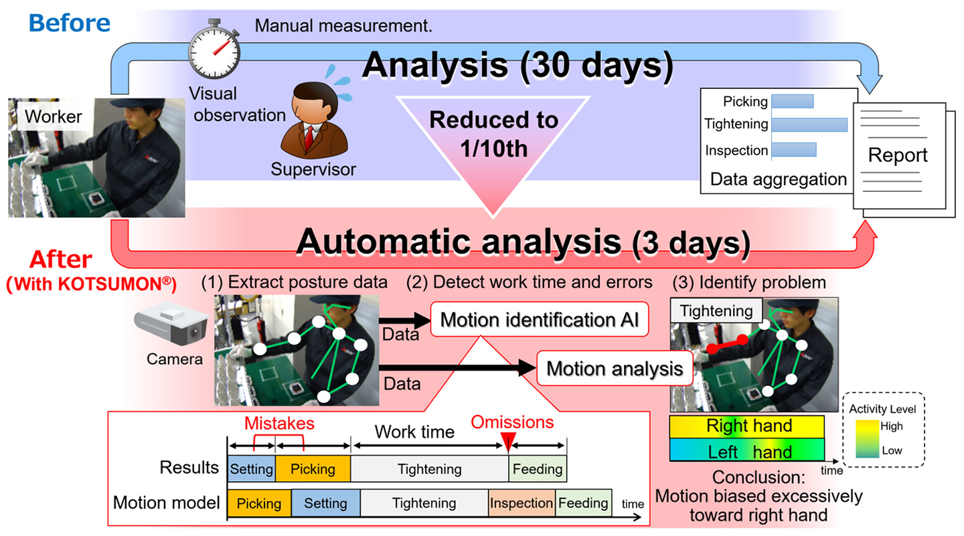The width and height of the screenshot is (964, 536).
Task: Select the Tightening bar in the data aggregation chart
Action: point(809,124)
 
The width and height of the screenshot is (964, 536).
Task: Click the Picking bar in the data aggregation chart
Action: point(792,100)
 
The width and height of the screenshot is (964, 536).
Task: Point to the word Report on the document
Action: point(897,155)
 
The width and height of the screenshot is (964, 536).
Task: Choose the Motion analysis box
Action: point(614,369)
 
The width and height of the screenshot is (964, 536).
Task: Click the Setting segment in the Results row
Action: point(251,469)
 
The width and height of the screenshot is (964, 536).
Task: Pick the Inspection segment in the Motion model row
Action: point(521,503)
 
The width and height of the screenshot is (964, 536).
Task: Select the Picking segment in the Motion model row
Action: point(259,503)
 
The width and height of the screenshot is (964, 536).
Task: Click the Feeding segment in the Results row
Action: point(538,469)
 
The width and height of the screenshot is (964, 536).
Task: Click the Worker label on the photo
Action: point(54,117)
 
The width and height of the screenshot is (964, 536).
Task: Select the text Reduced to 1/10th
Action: point(493,134)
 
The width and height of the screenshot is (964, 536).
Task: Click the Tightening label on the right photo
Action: point(716,310)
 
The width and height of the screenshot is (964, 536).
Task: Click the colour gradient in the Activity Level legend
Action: point(866,438)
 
